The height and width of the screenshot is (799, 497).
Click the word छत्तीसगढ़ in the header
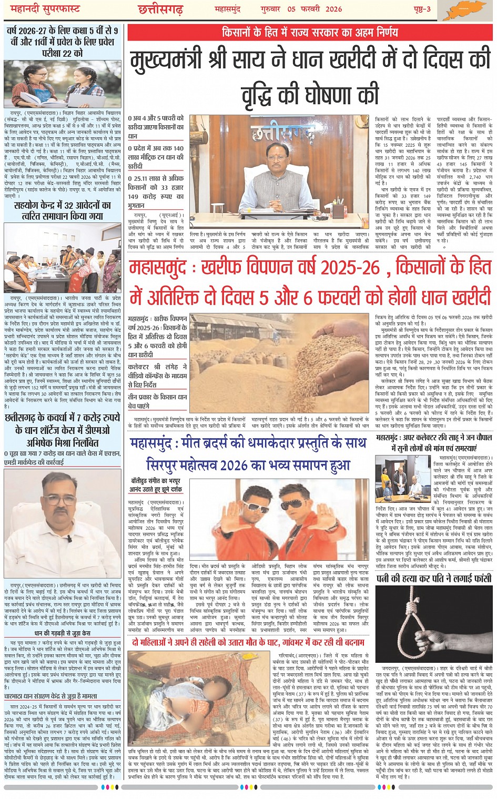pos(160,9)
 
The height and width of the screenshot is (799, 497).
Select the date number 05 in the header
pos(291,9)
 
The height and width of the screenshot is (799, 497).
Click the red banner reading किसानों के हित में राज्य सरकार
pos(310,32)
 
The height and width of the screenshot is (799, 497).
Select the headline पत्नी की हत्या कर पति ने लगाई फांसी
pos(434,579)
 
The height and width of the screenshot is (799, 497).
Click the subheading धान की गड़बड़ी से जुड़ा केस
pos(63,633)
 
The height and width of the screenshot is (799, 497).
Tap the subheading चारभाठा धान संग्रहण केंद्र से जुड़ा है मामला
pos(59,695)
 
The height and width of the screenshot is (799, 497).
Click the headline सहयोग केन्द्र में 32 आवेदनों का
pos(63,205)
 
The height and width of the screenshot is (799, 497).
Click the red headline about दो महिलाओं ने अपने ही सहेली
pos(248,642)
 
